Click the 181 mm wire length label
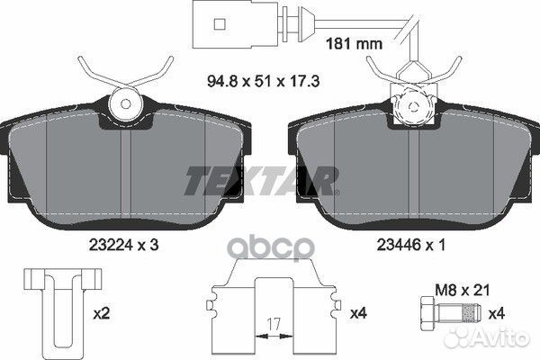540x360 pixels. pyautogui.click(x=354, y=44)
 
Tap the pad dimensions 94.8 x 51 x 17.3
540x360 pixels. pyautogui.click(x=264, y=81)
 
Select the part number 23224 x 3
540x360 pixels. pyautogui.click(x=123, y=246)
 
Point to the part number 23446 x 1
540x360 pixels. pyautogui.click(x=411, y=246)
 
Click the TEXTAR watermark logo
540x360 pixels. pyautogui.click(x=262, y=181)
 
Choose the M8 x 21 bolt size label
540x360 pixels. pyautogui.click(x=463, y=291)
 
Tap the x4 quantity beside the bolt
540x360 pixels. pyautogui.click(x=496, y=314)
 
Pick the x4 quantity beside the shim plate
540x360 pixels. pyautogui.click(x=358, y=313)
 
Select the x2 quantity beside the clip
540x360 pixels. pyautogui.click(x=102, y=314)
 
